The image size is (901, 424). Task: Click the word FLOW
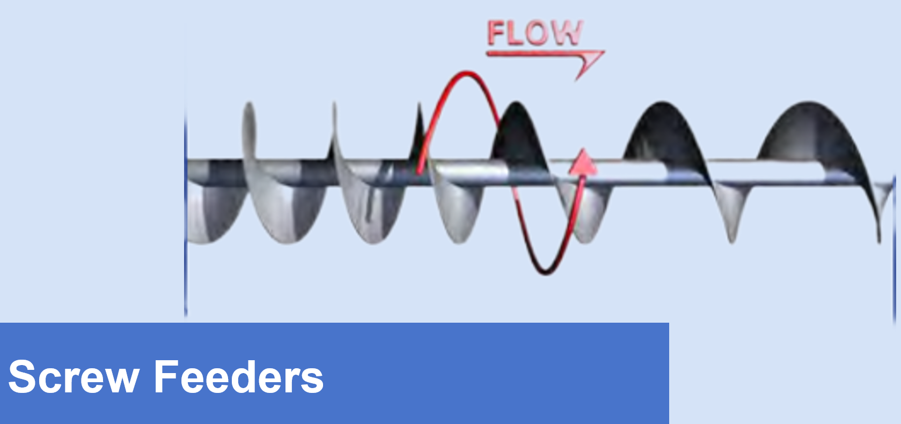pos(534,33)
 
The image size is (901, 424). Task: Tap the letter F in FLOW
pos(495,33)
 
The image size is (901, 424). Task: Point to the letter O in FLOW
pos(537,33)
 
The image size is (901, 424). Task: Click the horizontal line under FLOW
pos(531,53)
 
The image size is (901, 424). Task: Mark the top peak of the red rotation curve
pos(466,73)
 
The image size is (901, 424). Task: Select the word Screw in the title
pos(74,377)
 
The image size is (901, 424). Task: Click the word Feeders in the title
pos(239,377)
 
